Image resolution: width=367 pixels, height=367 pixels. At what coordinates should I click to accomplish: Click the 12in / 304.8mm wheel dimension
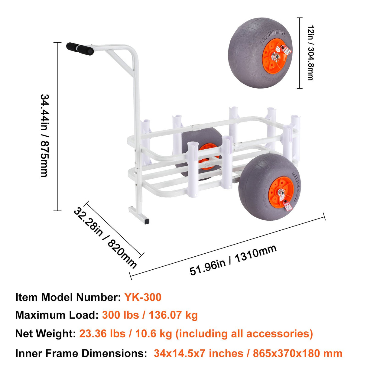point(310,53)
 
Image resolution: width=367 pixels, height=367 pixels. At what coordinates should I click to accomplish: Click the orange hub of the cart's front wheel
point(281,192)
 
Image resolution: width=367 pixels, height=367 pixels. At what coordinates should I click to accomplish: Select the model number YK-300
point(143,297)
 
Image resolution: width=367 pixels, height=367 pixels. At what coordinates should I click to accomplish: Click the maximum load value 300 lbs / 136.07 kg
point(150,315)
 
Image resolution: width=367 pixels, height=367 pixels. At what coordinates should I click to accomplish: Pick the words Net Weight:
point(45,333)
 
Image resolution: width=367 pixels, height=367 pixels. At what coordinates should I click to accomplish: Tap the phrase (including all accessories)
point(244,333)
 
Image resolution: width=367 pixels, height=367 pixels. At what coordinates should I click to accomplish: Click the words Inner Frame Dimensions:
point(81,353)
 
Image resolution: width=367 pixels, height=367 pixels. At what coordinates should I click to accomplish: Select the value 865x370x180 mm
point(297,353)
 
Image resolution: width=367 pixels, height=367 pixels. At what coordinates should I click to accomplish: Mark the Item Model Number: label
point(68,297)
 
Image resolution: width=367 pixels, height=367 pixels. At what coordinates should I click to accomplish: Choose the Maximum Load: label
point(57,315)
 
